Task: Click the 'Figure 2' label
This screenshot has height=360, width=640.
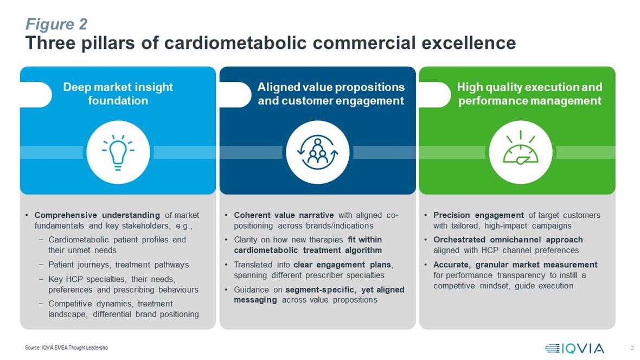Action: pyautogui.click(x=56, y=24)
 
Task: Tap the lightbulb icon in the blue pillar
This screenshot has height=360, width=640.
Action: pyautogui.click(x=118, y=152)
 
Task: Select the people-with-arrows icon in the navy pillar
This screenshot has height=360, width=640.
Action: pyautogui.click(x=317, y=152)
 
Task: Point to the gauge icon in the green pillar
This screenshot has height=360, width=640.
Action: pyautogui.click(x=521, y=148)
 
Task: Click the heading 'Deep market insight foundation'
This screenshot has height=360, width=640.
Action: pyautogui.click(x=118, y=93)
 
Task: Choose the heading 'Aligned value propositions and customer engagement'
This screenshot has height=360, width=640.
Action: pyautogui.click(x=331, y=93)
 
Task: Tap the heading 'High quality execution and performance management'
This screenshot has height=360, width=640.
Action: pyautogui.click(x=530, y=93)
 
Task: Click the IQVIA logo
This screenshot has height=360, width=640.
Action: pyautogui.click(x=574, y=348)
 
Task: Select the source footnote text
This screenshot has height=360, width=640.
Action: pyautogui.click(x=67, y=348)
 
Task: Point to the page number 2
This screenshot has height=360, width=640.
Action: pyautogui.click(x=632, y=348)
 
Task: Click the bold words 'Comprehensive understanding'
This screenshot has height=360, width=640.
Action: pyautogui.click(x=97, y=215)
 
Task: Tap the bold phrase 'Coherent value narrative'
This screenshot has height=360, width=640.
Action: pyautogui.click(x=284, y=215)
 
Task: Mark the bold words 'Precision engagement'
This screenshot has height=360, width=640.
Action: pyautogui.click(x=478, y=215)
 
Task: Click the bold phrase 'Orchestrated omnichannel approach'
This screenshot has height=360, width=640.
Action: pyautogui.click(x=508, y=240)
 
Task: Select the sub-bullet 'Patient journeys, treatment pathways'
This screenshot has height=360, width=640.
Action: pyautogui.click(x=119, y=265)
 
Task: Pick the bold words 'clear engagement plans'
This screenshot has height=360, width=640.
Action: pyautogui.click(x=342, y=265)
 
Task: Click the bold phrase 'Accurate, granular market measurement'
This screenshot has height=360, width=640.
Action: pyautogui.click(x=515, y=265)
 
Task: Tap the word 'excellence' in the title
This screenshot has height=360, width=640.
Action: pyautogui.click(x=469, y=43)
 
